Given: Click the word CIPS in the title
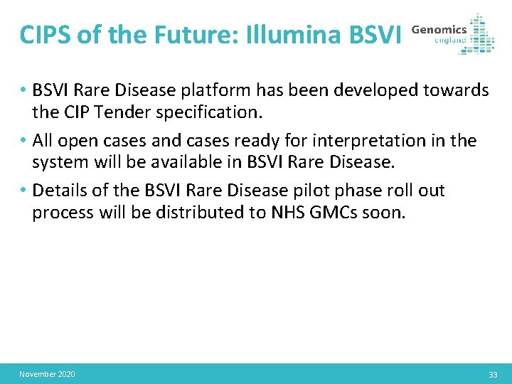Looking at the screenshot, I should coord(46,34).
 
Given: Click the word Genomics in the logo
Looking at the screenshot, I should coord(439,29).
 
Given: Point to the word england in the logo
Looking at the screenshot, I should coord(450,41).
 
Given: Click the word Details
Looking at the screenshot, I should coord(59,191).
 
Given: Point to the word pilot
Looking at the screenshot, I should coord(306,191).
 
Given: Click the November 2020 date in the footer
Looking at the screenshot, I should coord(47,374).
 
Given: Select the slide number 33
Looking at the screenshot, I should coord(493,374).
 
